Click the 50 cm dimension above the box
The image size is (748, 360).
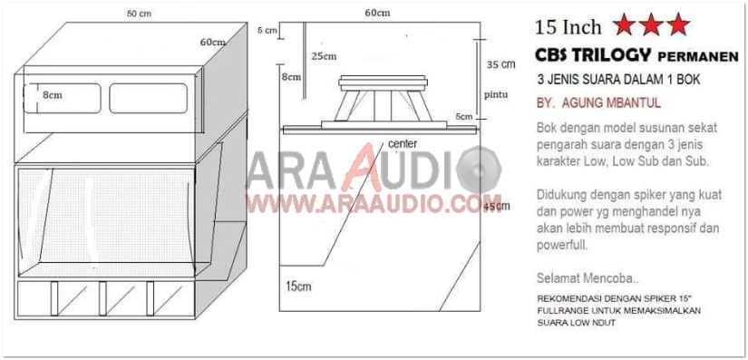click(139, 14)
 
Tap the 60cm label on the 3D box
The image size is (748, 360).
click(213, 43)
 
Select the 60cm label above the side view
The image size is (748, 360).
click(377, 13)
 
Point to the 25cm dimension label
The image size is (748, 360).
click(324, 56)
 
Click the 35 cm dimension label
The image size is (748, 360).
click(500, 64)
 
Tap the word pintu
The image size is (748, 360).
click(496, 95)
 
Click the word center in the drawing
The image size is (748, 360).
click(403, 143)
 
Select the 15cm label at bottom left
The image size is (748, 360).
click(298, 287)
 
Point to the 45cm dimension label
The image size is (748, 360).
click(497, 207)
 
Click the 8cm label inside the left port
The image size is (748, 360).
click(53, 95)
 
